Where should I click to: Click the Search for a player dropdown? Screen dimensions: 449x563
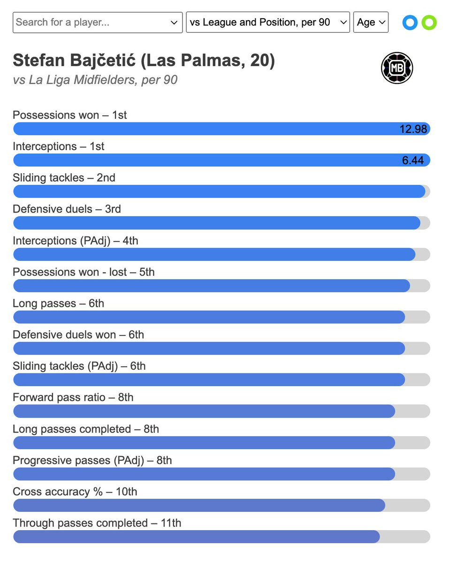tap(98, 23)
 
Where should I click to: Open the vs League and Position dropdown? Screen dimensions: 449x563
tap(268, 22)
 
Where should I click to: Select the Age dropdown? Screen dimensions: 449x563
tap(371, 22)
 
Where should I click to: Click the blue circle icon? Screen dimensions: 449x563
tap(410, 23)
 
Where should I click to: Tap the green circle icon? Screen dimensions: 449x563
tap(429, 23)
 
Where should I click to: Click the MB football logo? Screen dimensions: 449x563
tap(397, 68)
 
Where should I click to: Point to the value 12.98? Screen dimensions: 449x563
tap(413, 129)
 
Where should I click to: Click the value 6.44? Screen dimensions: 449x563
tap(412, 160)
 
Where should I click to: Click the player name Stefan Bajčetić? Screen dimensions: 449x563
tap(74, 61)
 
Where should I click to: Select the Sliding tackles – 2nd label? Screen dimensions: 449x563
tap(64, 178)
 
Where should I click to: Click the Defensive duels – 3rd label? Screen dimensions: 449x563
tap(67, 209)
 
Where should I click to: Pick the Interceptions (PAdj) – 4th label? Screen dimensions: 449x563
tap(76, 241)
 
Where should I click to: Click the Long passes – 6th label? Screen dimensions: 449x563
tap(59, 304)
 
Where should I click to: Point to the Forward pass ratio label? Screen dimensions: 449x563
tap(59, 397)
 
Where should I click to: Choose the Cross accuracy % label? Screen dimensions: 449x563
tap(58, 492)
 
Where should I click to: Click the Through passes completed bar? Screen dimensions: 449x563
tap(197, 537)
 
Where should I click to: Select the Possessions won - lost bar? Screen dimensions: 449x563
tap(212, 286)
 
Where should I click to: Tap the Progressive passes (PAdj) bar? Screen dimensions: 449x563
tap(204, 474)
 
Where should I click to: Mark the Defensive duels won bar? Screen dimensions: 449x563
tap(209, 349)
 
